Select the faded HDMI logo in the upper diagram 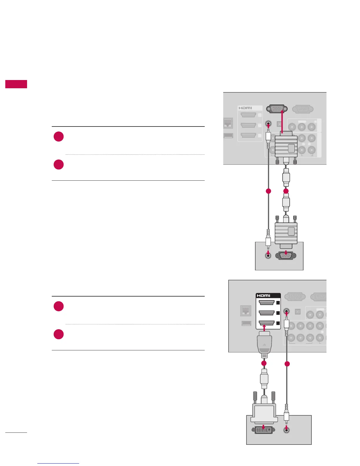coord(245,108)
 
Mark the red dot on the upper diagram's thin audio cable coord(268,191)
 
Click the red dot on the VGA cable coord(286,191)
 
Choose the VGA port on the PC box coord(286,256)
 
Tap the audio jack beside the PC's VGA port coord(268,255)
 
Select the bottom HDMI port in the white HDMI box coord(266,323)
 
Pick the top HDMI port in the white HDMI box coord(266,302)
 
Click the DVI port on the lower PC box coord(263,430)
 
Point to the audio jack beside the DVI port coord(286,430)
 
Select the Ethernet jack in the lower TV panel coord(245,311)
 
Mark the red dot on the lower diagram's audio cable coord(287,364)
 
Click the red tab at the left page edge coord(16,84)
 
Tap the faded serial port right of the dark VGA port coord(302,109)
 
